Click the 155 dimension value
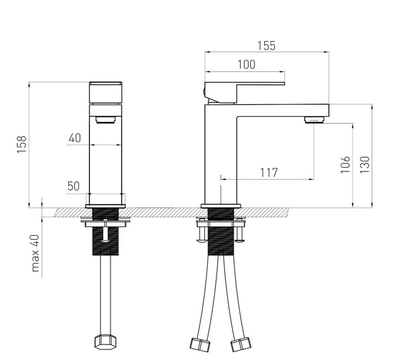(x=267, y=46)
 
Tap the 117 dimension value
(x=268, y=172)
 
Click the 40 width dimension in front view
(x=75, y=138)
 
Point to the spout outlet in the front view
(x=106, y=119)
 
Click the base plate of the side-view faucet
(x=221, y=205)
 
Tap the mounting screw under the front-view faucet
(x=106, y=233)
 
